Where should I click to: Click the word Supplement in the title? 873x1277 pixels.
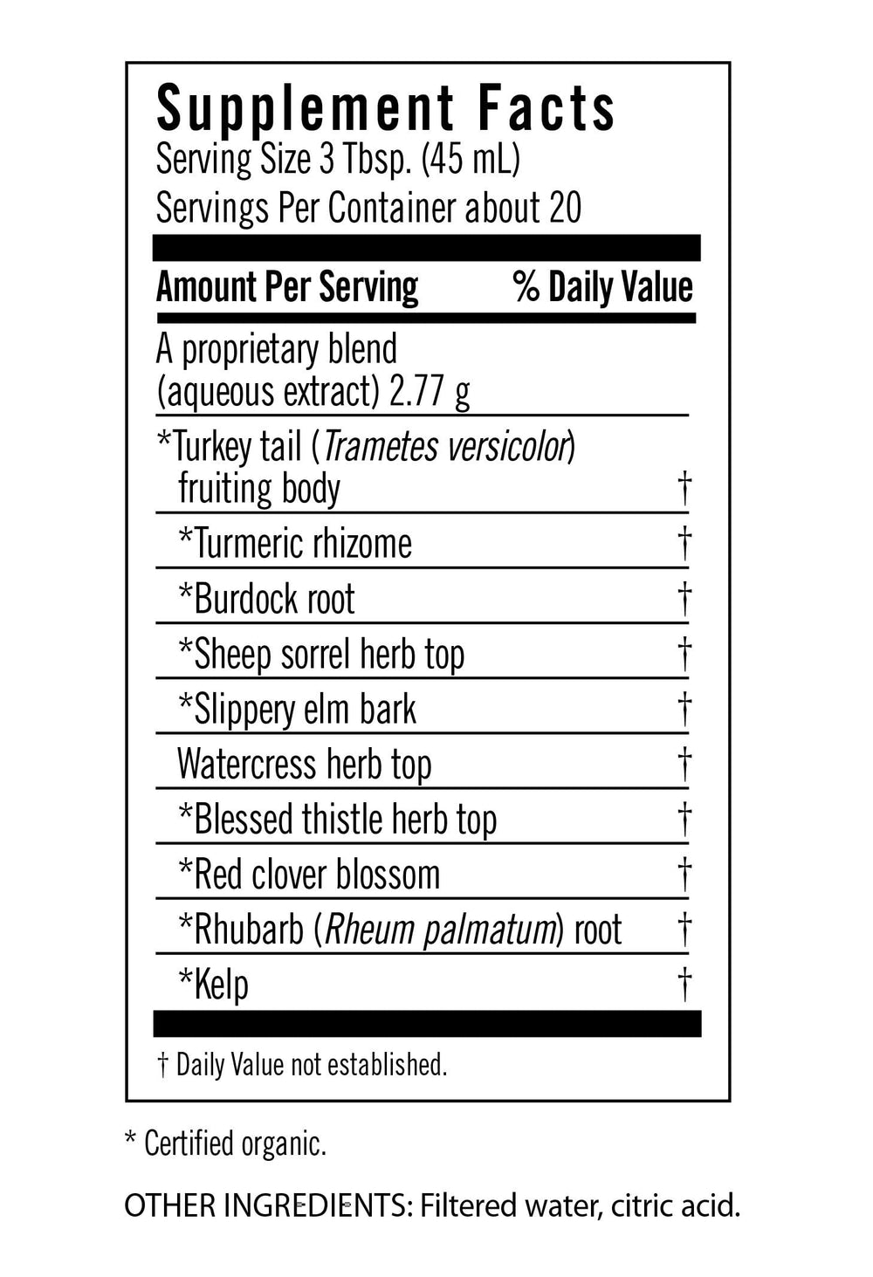click(x=305, y=111)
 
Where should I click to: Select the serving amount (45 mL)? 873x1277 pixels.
click(x=471, y=160)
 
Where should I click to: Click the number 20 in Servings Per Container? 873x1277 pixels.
click(x=565, y=208)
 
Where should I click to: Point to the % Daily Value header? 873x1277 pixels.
click(x=602, y=287)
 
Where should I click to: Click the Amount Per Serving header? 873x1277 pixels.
click(x=287, y=287)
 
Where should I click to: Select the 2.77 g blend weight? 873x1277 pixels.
click(x=430, y=392)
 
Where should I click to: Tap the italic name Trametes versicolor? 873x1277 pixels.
click(x=445, y=446)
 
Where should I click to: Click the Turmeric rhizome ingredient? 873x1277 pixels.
click(x=295, y=543)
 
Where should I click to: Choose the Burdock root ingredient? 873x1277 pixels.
click(x=266, y=599)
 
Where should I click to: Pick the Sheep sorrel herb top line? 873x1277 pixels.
click(x=321, y=654)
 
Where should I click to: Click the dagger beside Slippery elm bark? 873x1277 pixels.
click(x=685, y=709)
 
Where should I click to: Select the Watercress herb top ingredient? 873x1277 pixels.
click(x=304, y=764)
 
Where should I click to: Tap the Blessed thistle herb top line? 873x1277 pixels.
click(x=337, y=820)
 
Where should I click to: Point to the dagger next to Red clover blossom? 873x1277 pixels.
click(x=685, y=874)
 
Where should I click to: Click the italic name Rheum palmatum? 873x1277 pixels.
click(x=440, y=930)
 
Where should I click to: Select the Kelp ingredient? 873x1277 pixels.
click(x=214, y=985)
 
